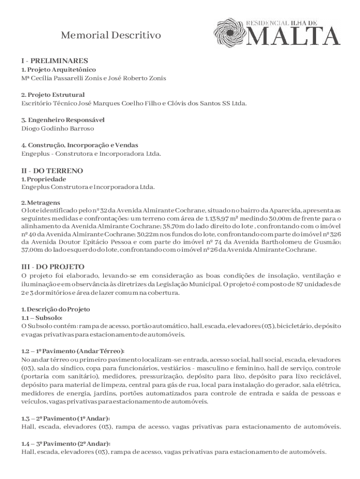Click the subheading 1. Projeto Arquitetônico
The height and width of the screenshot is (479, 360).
[58, 70]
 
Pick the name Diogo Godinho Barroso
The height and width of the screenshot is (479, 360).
[58, 128]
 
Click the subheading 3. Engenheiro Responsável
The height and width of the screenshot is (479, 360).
[63, 120]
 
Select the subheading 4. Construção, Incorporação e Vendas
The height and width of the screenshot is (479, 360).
[79, 145]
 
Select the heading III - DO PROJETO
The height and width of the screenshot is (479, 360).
[53, 267]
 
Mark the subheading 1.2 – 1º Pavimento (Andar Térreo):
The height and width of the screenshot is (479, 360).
[73, 351]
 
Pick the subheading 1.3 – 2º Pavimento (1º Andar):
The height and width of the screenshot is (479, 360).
[66, 418]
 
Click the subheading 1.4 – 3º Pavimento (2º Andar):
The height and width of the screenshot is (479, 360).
[66, 443]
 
